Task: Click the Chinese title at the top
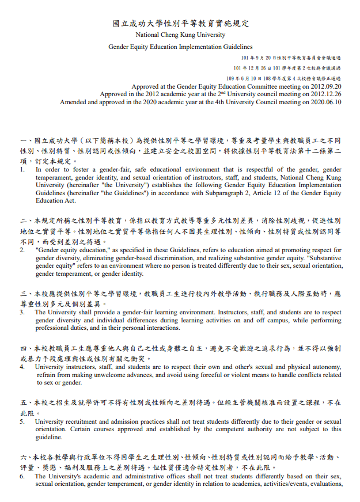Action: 180,24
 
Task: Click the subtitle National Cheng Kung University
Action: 180,35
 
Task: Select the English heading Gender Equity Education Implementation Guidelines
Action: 180,47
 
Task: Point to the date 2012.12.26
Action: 327,94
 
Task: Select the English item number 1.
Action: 22,170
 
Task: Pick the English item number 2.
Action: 22,250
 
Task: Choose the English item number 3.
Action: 22,313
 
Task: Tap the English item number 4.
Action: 22,367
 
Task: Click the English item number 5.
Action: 22,421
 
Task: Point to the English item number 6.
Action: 22,477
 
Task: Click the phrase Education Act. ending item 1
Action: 56,201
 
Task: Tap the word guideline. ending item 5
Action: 49,437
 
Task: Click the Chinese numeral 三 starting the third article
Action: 23,294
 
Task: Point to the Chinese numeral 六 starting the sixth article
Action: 23,458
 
